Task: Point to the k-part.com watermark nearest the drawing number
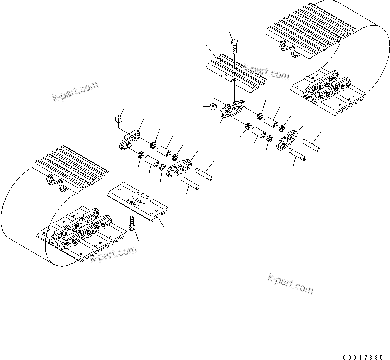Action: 291,284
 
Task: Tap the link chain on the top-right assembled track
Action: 325,88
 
